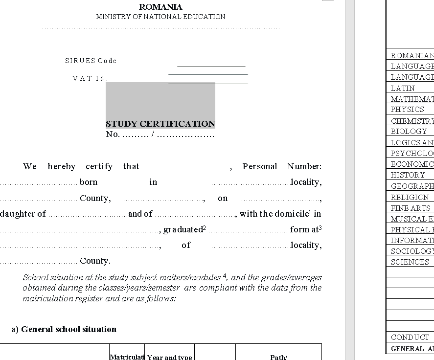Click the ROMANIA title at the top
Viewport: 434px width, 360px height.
pos(160,7)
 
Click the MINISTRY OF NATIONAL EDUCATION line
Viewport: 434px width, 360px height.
pos(160,17)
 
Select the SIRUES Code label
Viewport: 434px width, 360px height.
pos(91,61)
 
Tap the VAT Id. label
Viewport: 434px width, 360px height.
pos(90,78)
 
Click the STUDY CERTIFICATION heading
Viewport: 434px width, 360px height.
pos(160,124)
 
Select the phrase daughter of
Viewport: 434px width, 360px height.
pos(23,214)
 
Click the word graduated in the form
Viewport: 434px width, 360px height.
pos(183,229)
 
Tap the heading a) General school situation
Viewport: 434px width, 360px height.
pos(64,329)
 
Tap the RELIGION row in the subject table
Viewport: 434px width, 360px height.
pos(410,198)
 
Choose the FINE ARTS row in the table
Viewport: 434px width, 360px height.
pos(410,208)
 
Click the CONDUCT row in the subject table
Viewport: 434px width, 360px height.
pos(410,337)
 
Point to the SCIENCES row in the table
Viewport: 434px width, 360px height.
pos(410,262)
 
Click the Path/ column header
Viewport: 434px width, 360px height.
pos(278,357)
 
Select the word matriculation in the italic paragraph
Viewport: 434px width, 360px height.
pos(45,298)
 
